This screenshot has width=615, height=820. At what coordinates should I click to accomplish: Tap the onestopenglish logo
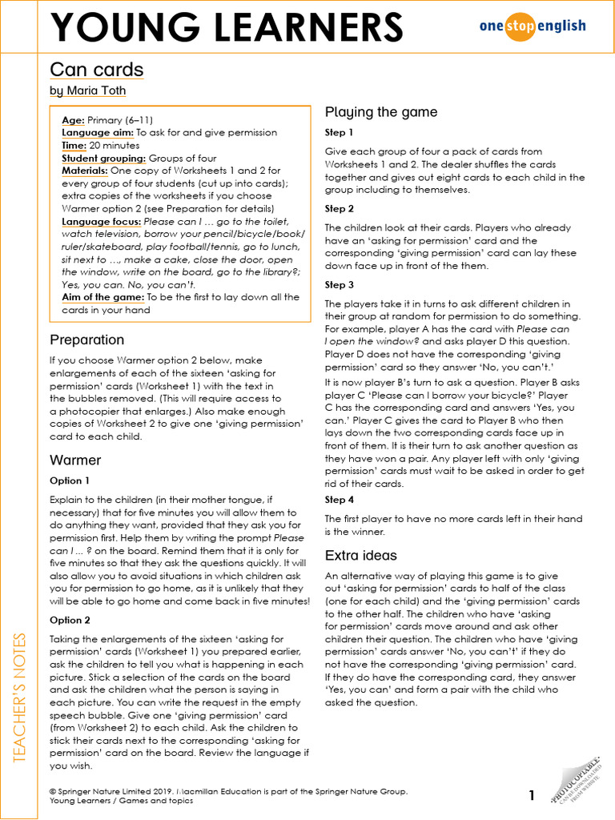[x=532, y=26]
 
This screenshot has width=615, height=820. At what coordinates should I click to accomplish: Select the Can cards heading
[x=97, y=70]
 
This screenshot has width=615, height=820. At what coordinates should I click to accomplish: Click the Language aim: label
[x=98, y=133]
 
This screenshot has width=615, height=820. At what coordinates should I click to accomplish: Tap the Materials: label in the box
[x=84, y=171]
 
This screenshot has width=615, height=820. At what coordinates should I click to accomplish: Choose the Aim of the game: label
[x=102, y=298]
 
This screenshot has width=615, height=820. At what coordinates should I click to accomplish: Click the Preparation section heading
[x=86, y=340]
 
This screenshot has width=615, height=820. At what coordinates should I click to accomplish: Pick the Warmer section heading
[x=75, y=460]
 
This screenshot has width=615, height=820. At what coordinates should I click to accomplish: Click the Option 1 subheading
[x=70, y=480]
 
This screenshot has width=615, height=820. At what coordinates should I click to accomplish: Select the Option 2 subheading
[x=70, y=620]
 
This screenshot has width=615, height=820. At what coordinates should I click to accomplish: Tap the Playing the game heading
[x=381, y=112]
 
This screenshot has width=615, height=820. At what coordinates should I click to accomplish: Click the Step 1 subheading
[x=339, y=132]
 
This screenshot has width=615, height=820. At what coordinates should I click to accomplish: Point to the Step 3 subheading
[x=339, y=284]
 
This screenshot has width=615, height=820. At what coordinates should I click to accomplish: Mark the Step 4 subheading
[x=339, y=500]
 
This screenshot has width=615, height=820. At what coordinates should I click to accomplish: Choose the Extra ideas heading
[x=360, y=555]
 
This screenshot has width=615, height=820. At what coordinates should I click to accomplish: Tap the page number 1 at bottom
[x=531, y=795]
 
